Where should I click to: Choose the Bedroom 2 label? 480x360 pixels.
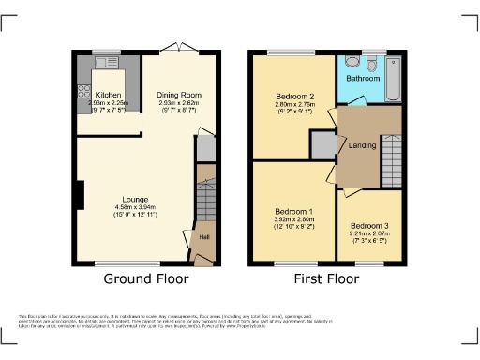pyautogui.click(x=294, y=97)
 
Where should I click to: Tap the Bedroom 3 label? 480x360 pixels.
pyautogui.click(x=368, y=226)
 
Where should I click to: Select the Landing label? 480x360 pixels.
pyautogui.click(x=363, y=145)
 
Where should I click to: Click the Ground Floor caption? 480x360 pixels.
pyautogui.click(x=145, y=278)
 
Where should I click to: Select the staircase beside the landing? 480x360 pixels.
pyautogui.click(x=391, y=160)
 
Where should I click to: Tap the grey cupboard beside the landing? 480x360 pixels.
pyautogui.click(x=322, y=146)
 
